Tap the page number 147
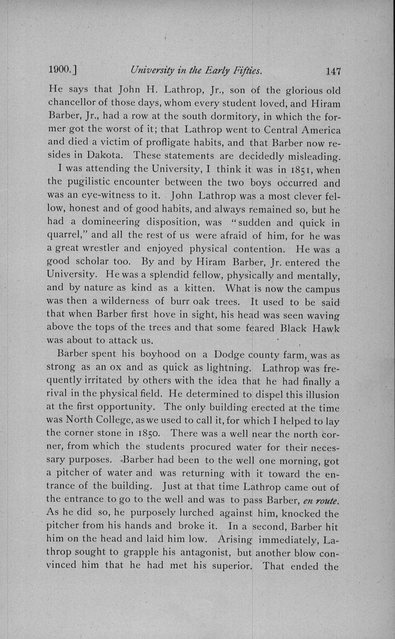333,71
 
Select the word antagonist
205,553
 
